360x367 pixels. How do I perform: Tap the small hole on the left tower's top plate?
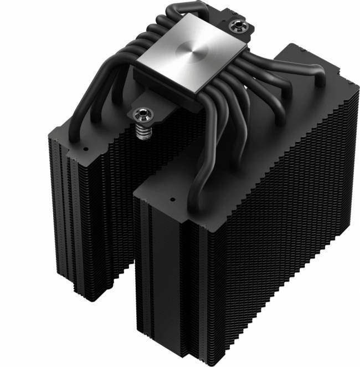pos(85,149)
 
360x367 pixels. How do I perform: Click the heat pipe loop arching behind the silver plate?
pos(166,14)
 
